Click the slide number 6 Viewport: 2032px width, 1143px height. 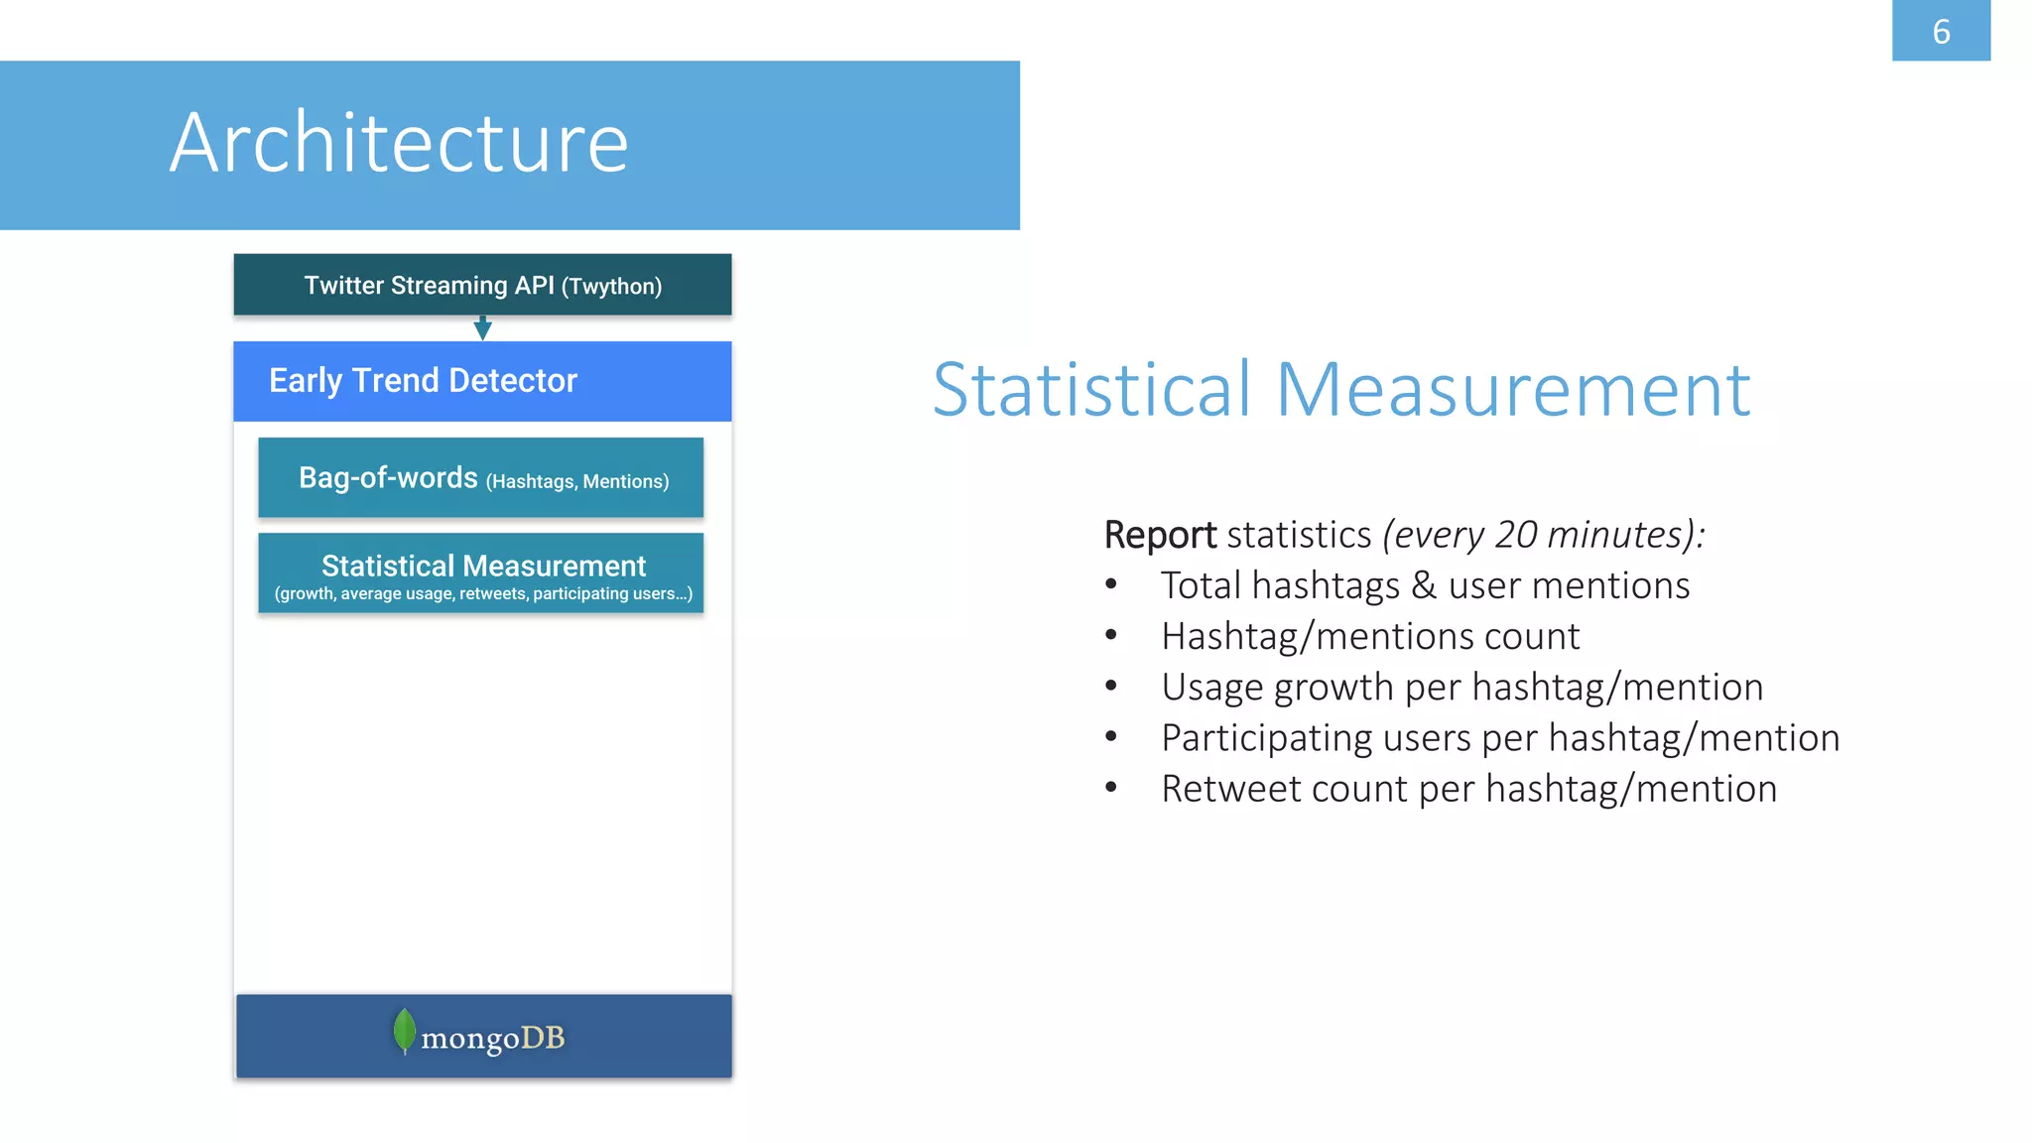tap(1941, 32)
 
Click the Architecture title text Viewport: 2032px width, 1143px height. tap(399, 143)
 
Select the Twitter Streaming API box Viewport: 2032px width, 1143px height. tap(482, 285)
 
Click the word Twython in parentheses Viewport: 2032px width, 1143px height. tap(611, 287)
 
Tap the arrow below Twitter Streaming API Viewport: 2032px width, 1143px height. tap(482, 328)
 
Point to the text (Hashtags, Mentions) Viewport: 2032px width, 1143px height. tap(576, 481)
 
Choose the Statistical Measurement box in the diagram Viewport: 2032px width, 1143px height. tap(482, 573)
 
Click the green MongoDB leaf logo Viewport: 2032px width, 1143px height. tap(404, 1031)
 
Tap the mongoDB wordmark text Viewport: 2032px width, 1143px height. tap(492, 1038)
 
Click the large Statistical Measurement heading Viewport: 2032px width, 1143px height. tap(1340, 389)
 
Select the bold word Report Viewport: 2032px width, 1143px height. tap(1159, 535)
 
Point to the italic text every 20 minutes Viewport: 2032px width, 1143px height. tap(1544, 535)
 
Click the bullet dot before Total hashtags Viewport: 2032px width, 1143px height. tap(1111, 585)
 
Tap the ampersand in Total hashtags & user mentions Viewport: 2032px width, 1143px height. tap(1424, 585)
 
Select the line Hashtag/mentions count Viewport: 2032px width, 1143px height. tap(1369, 637)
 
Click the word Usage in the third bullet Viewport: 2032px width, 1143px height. tap(1211, 688)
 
